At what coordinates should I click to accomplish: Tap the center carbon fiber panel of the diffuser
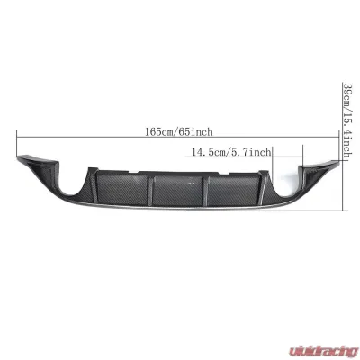pyautogui.click(x=175, y=185)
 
